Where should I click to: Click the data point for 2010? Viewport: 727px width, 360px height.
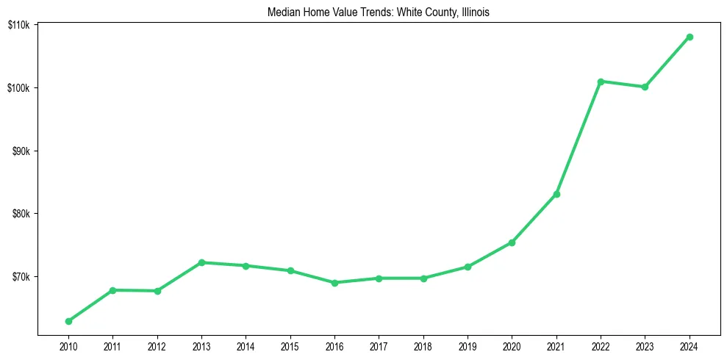coord(68,321)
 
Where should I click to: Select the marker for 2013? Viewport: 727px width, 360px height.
coord(201,262)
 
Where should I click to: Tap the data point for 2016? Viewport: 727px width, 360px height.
coord(334,283)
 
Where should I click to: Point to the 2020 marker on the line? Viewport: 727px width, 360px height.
coord(512,242)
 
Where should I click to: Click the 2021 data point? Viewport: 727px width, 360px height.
coord(556,194)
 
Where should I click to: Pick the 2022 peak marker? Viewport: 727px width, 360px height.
coord(601,82)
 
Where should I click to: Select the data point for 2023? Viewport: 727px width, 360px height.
coord(645,87)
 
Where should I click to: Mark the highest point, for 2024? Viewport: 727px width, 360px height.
coord(690,37)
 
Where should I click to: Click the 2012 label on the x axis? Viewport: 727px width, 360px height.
coord(157,346)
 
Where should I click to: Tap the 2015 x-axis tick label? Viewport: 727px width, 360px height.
coord(290,346)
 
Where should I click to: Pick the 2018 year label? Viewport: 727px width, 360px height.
coord(423,346)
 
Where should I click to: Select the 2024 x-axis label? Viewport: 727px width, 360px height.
coord(690,346)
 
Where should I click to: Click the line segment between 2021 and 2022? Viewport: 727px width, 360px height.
coord(579,137)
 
